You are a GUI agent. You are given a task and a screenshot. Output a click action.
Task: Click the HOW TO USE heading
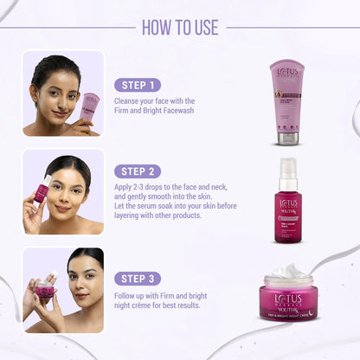180,27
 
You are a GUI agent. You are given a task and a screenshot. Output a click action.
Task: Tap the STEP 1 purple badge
137,85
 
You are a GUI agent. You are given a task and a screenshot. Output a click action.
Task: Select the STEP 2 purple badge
138,171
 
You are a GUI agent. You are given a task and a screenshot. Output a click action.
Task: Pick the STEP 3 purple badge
138,279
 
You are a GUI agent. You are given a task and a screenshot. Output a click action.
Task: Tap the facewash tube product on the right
286,101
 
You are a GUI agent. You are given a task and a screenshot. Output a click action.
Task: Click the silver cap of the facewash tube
286,137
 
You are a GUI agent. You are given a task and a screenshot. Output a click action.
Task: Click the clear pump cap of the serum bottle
286,170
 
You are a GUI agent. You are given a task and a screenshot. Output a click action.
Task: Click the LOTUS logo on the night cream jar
287,287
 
